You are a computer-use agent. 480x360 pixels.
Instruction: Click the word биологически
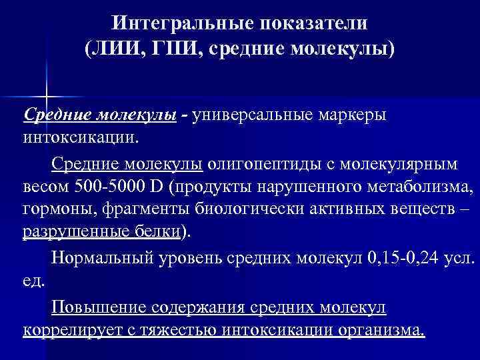[254, 210]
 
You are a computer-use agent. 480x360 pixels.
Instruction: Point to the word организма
[377, 330]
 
